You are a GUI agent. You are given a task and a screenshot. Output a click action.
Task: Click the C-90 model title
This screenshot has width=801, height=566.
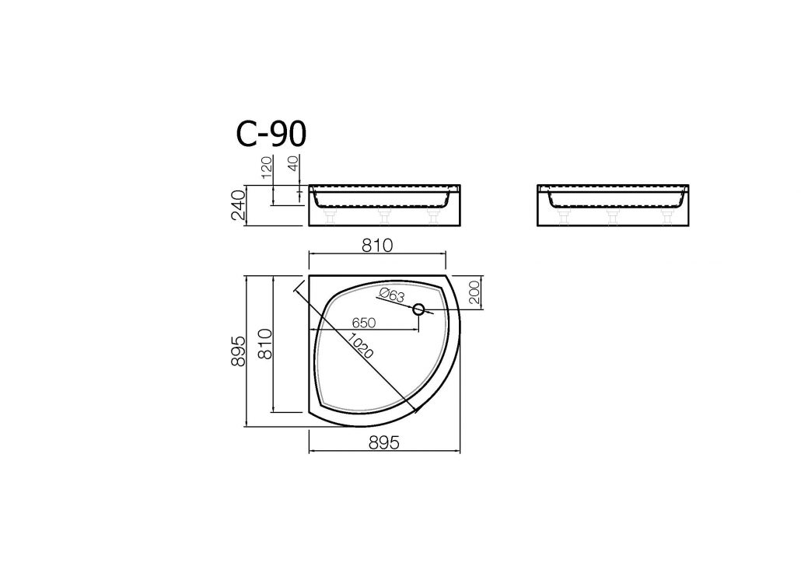coord(271,133)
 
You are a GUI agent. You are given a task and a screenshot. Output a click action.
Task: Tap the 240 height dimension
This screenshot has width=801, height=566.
coord(239,204)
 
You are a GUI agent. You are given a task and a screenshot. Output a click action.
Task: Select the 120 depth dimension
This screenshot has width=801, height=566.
coord(268,168)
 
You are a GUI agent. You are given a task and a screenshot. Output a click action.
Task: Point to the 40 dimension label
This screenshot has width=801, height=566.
coord(293,163)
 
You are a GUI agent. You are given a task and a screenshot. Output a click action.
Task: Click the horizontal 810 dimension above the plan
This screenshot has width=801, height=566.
coord(377,246)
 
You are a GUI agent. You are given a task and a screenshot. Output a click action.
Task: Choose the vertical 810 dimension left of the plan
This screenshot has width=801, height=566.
coord(264,344)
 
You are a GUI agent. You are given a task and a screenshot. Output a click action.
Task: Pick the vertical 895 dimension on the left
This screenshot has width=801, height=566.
coord(239,351)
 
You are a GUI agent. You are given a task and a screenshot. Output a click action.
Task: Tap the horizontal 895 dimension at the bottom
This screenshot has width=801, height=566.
coord(383,443)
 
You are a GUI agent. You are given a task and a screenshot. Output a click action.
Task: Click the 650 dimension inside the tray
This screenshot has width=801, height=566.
coord(364,323)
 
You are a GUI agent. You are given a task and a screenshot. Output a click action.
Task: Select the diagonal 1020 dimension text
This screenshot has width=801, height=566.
coord(361,345)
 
